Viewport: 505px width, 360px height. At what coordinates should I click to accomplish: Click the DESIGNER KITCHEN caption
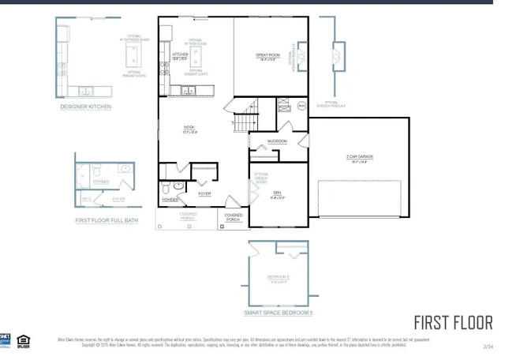coord(86,106)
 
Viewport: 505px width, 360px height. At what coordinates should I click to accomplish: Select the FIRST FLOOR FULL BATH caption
coord(107,220)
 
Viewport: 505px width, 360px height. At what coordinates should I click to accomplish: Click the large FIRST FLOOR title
coord(453,322)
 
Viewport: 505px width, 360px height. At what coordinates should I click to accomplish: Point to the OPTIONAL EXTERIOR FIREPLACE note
coord(337,103)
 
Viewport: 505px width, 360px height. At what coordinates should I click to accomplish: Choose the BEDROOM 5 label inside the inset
coord(278,277)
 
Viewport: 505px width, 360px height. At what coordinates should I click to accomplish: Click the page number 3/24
coord(488,346)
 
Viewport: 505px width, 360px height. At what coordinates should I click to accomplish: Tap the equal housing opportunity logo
coord(24,341)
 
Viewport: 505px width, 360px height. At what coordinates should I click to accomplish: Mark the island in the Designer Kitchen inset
coord(133,56)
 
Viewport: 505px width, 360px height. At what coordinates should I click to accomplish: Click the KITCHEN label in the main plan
coord(180,55)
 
